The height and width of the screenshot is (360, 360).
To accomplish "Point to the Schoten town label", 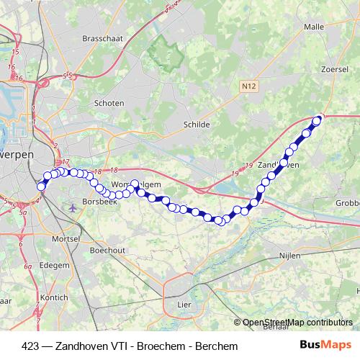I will coord(109,104).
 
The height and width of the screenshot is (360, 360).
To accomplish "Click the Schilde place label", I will coord(197,125).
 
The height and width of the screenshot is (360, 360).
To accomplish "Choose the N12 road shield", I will coord(248,86).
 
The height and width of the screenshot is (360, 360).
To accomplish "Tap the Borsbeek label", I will coord(96,202).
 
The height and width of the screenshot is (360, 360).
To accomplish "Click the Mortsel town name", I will coord(67,238).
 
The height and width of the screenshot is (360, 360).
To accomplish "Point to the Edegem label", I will coord(54,265).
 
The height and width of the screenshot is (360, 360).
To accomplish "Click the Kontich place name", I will coord(55,297).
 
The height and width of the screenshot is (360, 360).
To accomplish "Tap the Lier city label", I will coord(184,305).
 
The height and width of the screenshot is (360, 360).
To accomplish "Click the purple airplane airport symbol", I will coord(73,208).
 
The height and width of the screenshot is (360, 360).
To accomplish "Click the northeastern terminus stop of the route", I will coord(317,120).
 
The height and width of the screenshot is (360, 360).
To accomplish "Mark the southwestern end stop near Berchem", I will coord(41,186).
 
